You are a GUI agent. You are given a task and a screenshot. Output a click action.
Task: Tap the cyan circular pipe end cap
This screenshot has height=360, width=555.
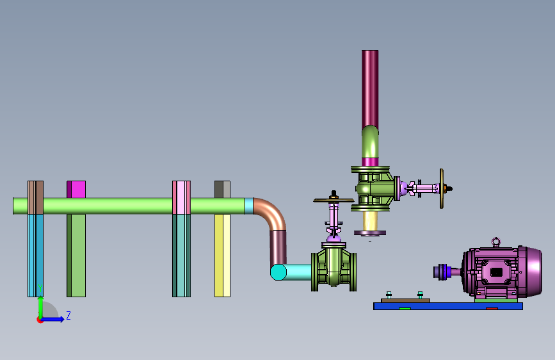(278, 272)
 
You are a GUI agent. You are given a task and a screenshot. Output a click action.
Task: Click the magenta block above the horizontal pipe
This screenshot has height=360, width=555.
(76, 189)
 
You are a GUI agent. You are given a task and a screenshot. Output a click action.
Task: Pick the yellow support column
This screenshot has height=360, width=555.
(222, 256)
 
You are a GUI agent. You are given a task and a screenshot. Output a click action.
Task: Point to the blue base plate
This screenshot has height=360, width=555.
(448, 306)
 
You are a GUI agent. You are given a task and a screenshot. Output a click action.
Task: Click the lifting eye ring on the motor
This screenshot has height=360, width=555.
(496, 241)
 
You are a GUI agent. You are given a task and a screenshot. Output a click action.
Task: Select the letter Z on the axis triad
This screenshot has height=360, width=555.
(68, 315)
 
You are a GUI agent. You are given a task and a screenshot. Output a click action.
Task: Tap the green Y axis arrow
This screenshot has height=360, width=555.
(41, 307)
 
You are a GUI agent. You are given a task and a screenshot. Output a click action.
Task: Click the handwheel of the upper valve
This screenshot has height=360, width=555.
(442, 188)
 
